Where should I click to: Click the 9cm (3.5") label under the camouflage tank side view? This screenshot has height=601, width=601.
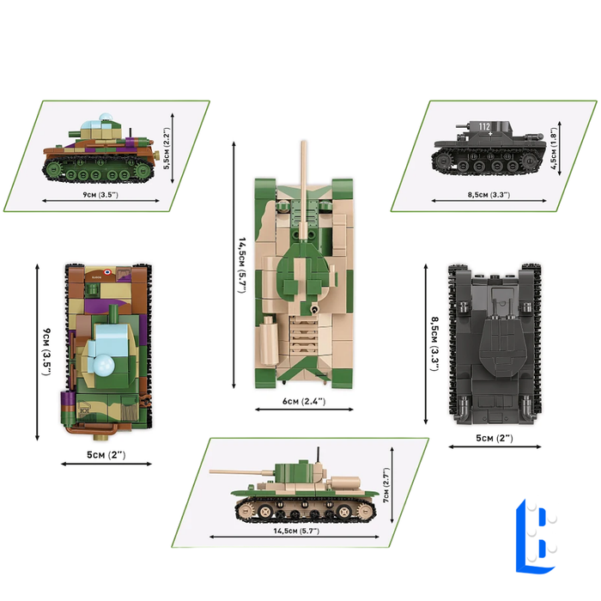coord(96,196)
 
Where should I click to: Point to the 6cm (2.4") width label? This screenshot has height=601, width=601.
coord(302,401)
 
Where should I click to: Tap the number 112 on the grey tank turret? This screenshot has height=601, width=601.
coord(484,127)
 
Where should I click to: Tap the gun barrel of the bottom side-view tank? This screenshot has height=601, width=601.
coord(243,470)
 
